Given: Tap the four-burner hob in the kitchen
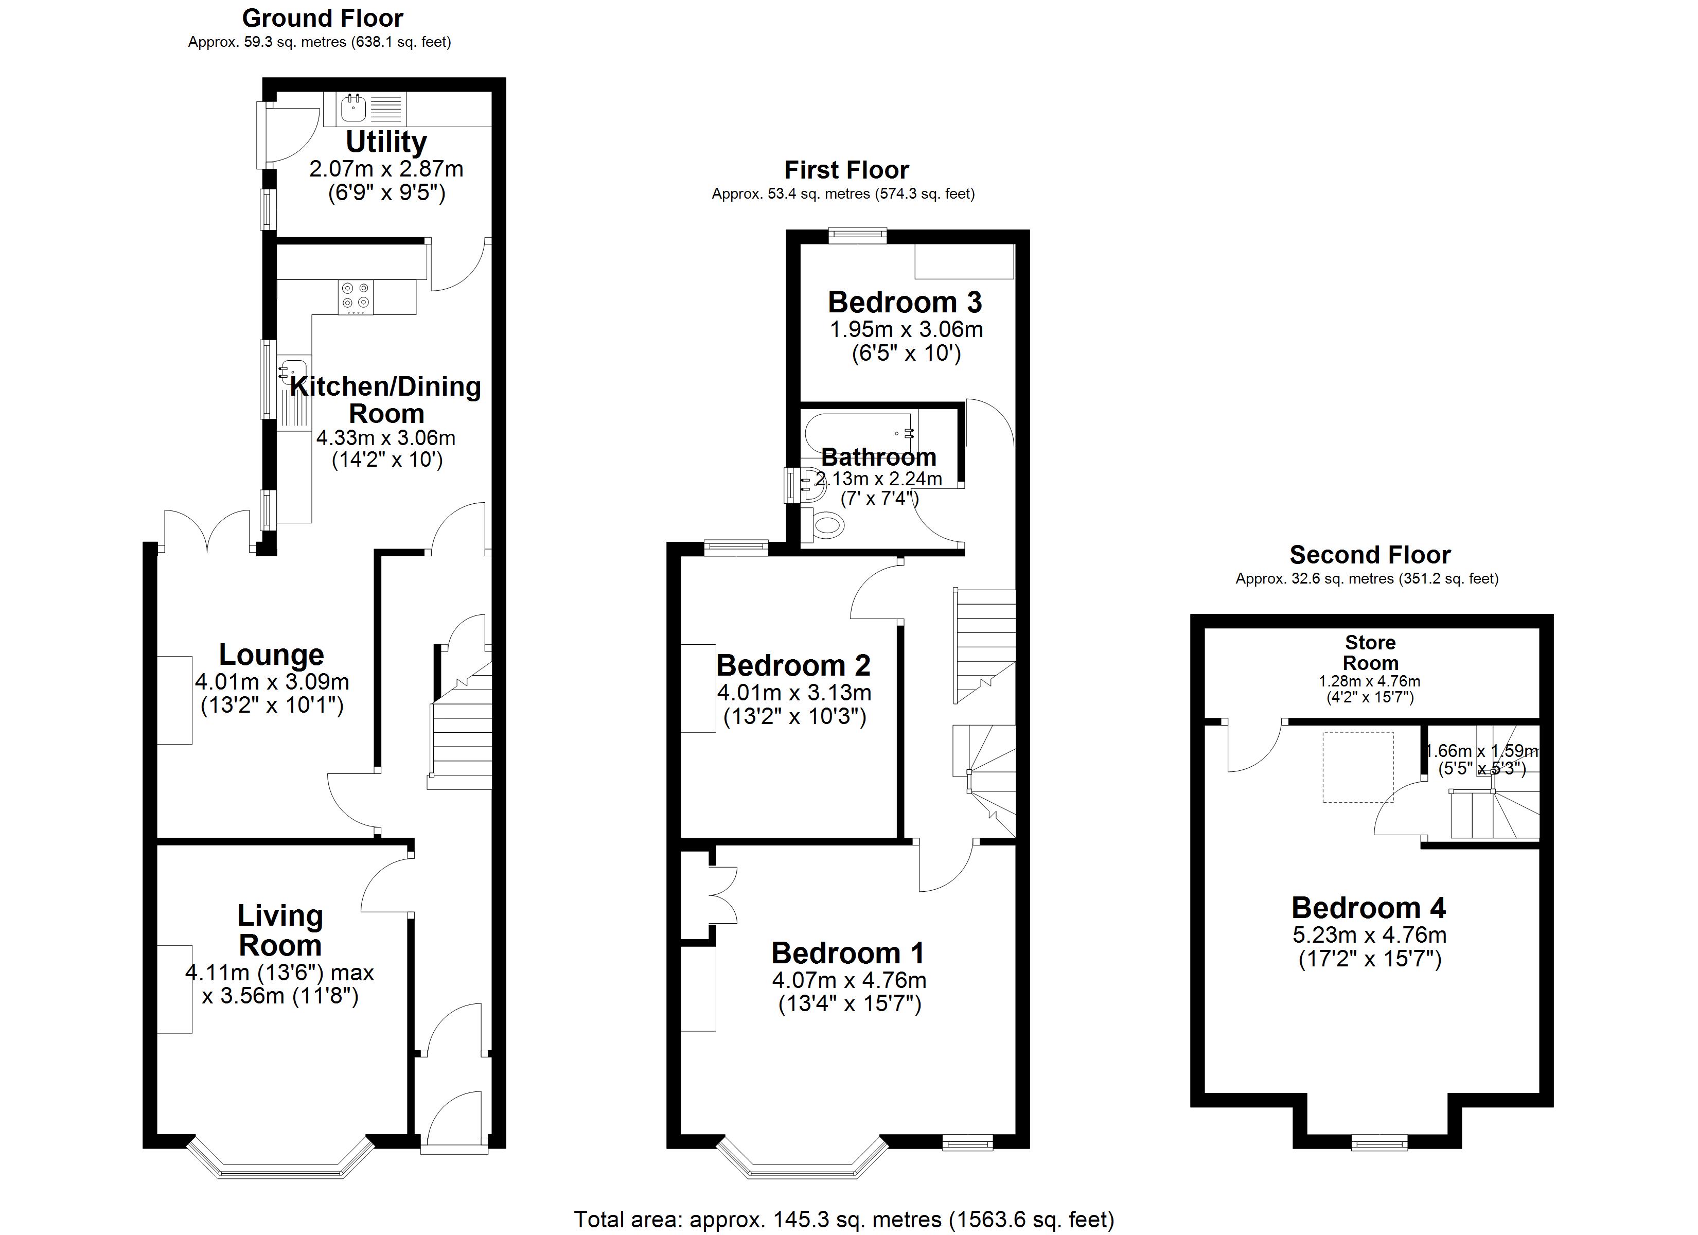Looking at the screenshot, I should (x=355, y=296).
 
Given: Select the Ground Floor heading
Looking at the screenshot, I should (x=322, y=18).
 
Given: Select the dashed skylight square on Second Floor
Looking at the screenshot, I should (x=1357, y=767).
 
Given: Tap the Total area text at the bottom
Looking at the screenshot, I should (x=844, y=1219).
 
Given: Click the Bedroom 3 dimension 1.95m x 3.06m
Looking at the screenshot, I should (x=906, y=329).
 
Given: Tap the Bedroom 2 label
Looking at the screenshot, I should (x=793, y=665).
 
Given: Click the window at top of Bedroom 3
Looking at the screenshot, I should (x=857, y=236).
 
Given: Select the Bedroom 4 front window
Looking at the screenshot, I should (x=1378, y=1143).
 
